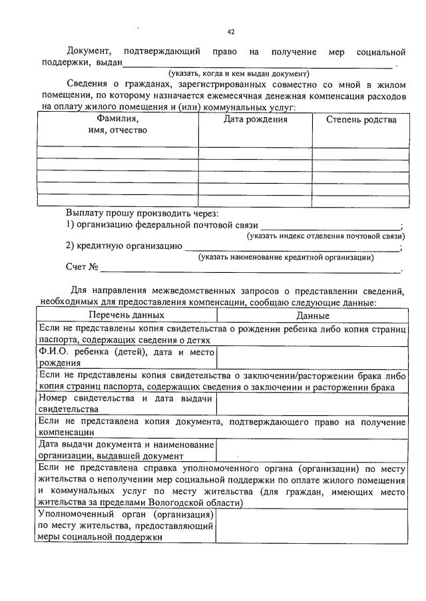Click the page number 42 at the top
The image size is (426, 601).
pos(231,31)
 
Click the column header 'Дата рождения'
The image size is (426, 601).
pos(255,120)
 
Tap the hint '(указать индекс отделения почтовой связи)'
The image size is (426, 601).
pos(325,236)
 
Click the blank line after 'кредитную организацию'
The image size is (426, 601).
pos(292,247)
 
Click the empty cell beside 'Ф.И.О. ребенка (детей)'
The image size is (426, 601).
pos(312,357)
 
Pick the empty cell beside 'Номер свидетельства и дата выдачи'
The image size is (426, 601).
pos(312,403)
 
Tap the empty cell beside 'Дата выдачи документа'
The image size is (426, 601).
pos(312,450)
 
